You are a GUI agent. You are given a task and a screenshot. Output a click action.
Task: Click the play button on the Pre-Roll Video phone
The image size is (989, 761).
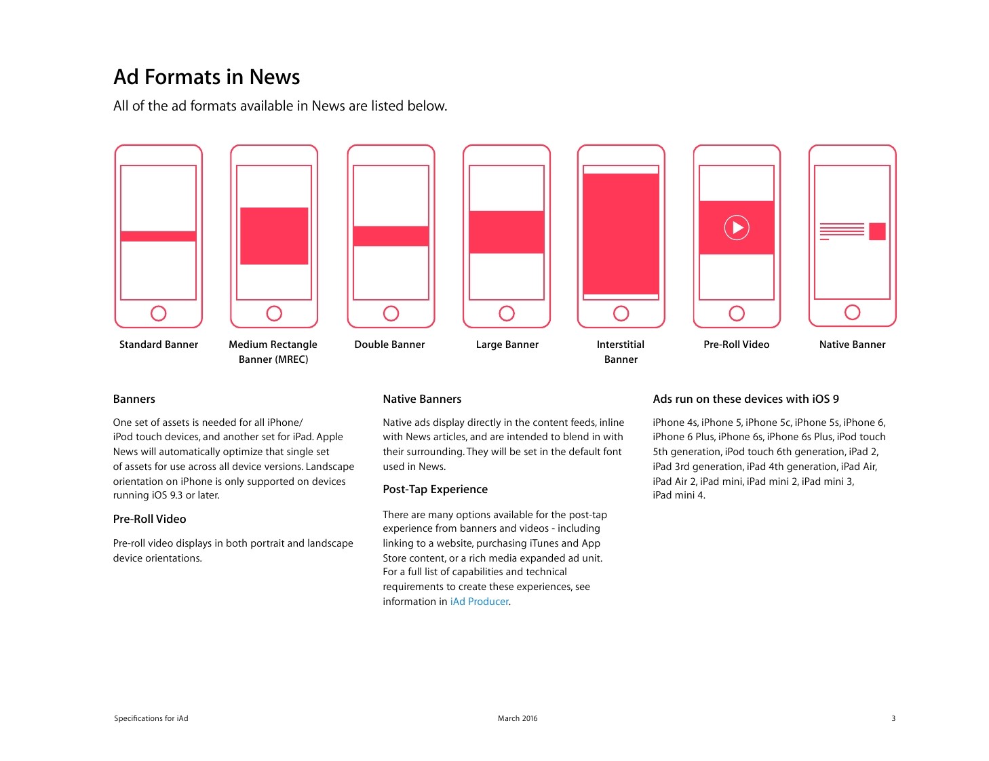(x=737, y=227)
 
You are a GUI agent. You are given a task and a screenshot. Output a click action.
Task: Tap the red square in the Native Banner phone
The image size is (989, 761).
(x=876, y=231)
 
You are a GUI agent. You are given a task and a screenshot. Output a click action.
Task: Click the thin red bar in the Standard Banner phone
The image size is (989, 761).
(x=158, y=236)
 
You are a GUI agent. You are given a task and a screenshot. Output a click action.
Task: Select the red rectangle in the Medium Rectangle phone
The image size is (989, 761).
(x=274, y=235)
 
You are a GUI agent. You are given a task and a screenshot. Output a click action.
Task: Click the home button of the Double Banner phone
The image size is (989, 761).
(x=391, y=313)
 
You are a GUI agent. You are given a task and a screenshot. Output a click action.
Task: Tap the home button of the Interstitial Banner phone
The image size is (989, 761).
(x=621, y=313)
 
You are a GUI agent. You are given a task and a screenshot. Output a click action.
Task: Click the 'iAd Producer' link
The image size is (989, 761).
(x=479, y=602)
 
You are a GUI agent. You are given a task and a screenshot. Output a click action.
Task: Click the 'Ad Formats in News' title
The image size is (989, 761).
(x=207, y=77)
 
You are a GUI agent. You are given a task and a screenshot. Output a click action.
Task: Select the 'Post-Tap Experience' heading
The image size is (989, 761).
(x=435, y=489)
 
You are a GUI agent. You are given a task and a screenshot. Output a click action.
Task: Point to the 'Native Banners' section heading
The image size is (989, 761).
(x=422, y=399)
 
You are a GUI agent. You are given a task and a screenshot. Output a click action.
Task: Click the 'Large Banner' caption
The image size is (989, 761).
(x=507, y=345)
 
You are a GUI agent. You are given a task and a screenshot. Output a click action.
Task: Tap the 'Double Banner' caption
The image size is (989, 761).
(x=389, y=345)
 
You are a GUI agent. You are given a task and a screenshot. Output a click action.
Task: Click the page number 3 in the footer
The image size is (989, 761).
(x=893, y=718)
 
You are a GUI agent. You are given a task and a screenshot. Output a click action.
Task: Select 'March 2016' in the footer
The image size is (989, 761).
(x=518, y=718)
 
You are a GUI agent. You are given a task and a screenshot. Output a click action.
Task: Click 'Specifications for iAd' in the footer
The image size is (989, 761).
(x=151, y=718)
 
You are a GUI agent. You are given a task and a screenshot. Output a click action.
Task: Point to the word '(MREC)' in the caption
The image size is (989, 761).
(x=291, y=359)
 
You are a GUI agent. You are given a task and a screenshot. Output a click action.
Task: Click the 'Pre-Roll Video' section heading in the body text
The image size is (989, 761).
(x=149, y=519)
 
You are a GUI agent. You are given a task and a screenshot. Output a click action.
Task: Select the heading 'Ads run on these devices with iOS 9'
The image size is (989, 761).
(x=746, y=399)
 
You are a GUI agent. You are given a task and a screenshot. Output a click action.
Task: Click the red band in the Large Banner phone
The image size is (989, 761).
(x=507, y=232)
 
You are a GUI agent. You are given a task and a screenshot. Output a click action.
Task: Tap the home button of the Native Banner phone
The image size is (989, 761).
(x=852, y=312)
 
